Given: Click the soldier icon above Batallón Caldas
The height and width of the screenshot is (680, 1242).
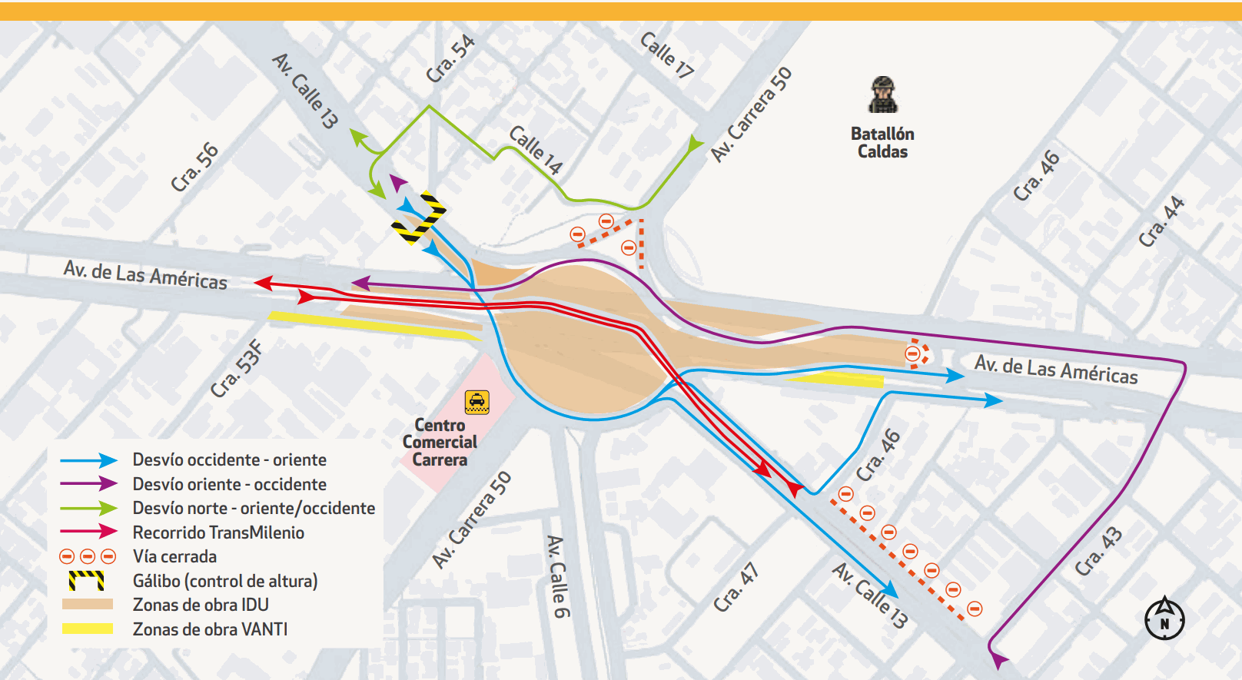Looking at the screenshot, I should pyautogui.click(x=883, y=95).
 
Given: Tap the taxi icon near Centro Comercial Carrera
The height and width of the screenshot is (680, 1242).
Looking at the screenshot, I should pyautogui.click(x=477, y=402).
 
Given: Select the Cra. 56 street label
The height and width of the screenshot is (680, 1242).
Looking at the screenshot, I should pyautogui.click(x=194, y=167).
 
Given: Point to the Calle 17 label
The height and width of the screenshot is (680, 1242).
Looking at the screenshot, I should pyautogui.click(x=666, y=55).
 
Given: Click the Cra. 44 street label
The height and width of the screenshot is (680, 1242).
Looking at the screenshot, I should pyautogui.click(x=1161, y=222).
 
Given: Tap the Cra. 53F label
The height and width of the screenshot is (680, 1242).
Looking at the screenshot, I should pyautogui.click(x=237, y=369).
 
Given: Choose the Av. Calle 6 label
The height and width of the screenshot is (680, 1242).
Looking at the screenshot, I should pyautogui.click(x=558, y=576).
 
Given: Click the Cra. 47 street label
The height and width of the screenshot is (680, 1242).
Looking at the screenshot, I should pyautogui.click(x=736, y=588).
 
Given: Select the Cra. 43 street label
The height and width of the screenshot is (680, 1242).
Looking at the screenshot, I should pyautogui.click(x=1098, y=551).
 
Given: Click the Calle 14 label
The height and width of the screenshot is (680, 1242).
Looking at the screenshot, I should pyautogui.click(x=536, y=150).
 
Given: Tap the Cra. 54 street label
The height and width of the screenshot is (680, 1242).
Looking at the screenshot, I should pyautogui.click(x=450, y=59).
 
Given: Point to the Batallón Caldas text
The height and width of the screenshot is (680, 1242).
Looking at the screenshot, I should pyautogui.click(x=882, y=142).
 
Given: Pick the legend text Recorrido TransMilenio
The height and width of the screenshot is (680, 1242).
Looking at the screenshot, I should pyautogui.click(x=218, y=532).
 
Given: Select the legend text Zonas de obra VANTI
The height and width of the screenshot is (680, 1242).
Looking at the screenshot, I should pyautogui.click(x=210, y=629).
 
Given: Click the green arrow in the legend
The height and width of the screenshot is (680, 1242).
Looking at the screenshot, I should pyautogui.click(x=88, y=508).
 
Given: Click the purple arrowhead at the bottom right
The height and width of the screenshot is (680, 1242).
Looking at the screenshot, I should pyautogui.click(x=998, y=660).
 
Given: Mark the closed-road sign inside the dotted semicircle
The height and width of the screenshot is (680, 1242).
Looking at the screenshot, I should pyautogui.click(x=912, y=353).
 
